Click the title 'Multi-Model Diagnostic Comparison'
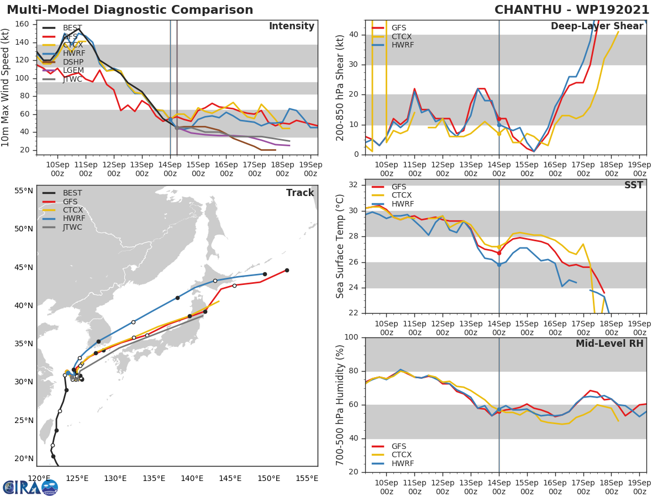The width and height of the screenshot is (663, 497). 130,10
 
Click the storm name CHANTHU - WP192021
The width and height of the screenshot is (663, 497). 572,10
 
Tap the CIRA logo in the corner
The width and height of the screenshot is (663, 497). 30,487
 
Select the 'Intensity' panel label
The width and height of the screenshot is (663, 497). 291,27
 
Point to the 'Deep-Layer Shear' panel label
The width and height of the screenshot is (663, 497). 597,27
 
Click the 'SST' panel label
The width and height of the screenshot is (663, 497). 633,186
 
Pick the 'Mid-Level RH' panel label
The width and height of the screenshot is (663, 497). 609,343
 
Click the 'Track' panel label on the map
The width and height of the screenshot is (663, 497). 300,193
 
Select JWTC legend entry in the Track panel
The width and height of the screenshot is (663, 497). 72,227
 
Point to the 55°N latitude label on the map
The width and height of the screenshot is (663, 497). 23,191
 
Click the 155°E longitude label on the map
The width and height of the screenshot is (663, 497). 307,478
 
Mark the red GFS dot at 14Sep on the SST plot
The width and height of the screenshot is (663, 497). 499,252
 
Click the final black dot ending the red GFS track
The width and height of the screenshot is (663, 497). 287,270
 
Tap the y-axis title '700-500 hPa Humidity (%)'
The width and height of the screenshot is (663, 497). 340,404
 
